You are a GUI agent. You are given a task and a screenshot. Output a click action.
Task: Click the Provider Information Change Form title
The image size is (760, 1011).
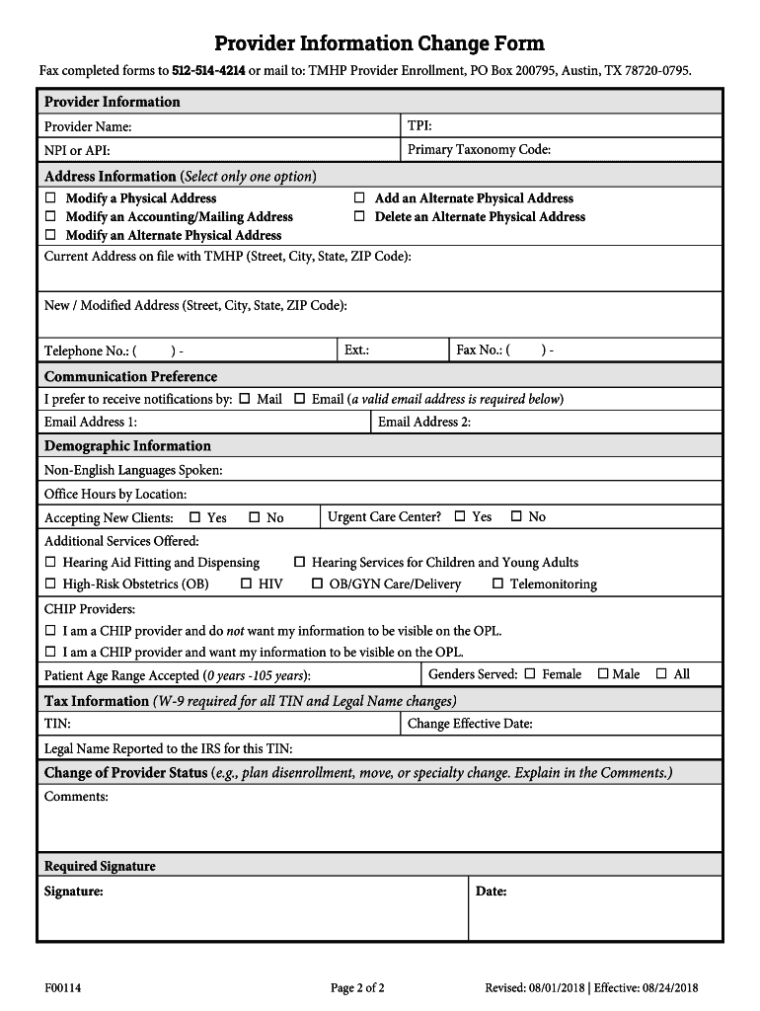tap(379, 43)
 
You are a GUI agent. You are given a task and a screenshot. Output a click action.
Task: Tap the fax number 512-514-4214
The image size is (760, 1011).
tap(208, 71)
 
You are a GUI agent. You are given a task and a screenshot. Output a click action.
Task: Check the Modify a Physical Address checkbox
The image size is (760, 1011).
tap(50, 198)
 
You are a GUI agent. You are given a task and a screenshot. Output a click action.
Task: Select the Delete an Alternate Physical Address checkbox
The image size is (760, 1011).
tap(359, 216)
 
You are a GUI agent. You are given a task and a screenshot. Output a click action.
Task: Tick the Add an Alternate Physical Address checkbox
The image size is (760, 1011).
tap(359, 198)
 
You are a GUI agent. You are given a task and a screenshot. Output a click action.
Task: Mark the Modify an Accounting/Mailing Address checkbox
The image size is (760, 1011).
tap(50, 216)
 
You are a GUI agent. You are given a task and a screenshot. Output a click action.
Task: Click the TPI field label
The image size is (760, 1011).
tap(419, 125)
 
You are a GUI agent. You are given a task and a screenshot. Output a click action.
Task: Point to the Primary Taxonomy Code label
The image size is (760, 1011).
tap(479, 150)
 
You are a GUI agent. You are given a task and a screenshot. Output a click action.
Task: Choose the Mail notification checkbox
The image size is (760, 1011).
tap(244, 399)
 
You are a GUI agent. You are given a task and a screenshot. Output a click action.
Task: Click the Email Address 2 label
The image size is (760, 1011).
tap(423, 423)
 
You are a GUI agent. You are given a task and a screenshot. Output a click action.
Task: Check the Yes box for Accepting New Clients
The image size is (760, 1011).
tap(194, 517)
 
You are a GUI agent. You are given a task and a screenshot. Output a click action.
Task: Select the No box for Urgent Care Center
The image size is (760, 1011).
tap(515, 516)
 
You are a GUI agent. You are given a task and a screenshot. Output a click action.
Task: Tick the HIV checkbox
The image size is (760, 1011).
tap(247, 583)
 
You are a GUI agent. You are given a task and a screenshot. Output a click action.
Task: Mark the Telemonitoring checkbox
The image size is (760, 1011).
tap(497, 583)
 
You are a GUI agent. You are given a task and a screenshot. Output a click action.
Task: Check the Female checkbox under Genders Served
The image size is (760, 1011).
tap(529, 674)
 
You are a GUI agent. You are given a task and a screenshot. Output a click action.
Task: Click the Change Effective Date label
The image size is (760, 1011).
tap(470, 724)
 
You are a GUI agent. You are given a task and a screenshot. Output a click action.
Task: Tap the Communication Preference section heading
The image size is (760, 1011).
tap(130, 376)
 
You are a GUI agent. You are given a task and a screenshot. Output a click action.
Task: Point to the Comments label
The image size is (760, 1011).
tap(76, 796)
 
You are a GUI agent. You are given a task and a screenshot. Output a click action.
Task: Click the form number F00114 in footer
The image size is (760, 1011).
tap(62, 987)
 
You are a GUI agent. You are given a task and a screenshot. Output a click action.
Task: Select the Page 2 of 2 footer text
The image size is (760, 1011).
tap(357, 987)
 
